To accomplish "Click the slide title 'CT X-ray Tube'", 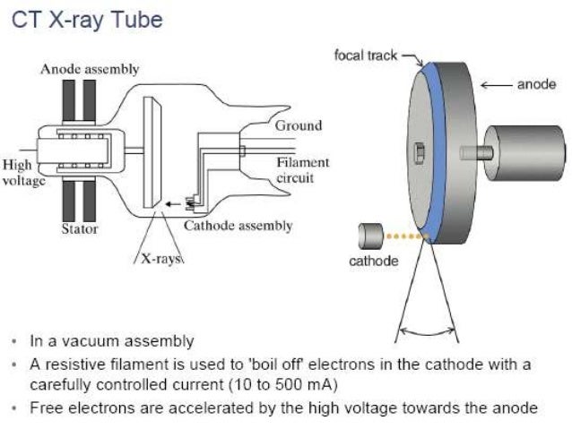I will click(87, 20).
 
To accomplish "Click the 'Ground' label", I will click(298, 125).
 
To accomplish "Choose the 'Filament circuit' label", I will click(302, 169).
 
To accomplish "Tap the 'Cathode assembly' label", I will click(238, 226).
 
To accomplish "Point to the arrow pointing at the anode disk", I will click(497, 85).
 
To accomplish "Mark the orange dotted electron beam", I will click(403, 237).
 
